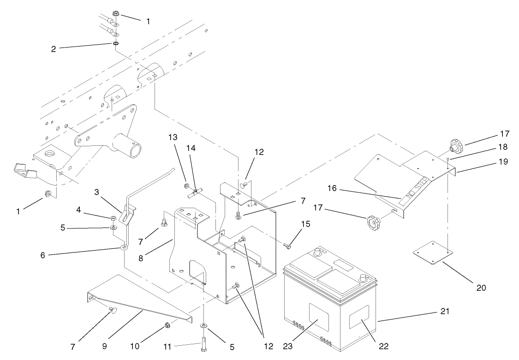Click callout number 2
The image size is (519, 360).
coord(54,48)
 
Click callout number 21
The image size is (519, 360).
coord(444,312)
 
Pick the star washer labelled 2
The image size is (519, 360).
coord(115,44)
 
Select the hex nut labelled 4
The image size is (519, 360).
coord(113,218)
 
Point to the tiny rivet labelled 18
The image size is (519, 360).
coord(447,159)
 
